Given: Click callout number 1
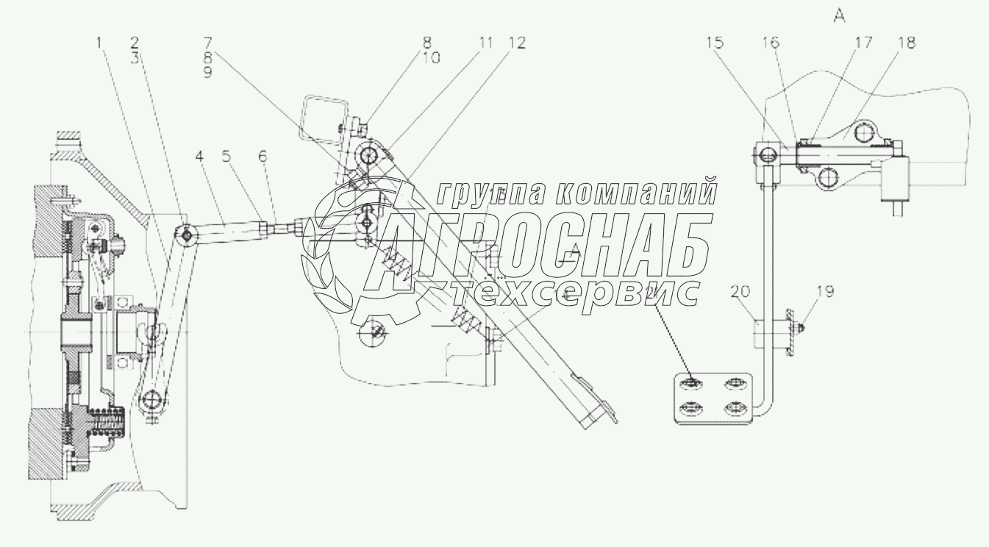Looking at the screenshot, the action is (x=99, y=43).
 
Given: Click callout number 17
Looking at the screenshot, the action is (x=862, y=43).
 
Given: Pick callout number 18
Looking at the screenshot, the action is (x=906, y=43).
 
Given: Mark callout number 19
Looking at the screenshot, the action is (x=824, y=291).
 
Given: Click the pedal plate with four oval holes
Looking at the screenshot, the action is (x=712, y=398).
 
